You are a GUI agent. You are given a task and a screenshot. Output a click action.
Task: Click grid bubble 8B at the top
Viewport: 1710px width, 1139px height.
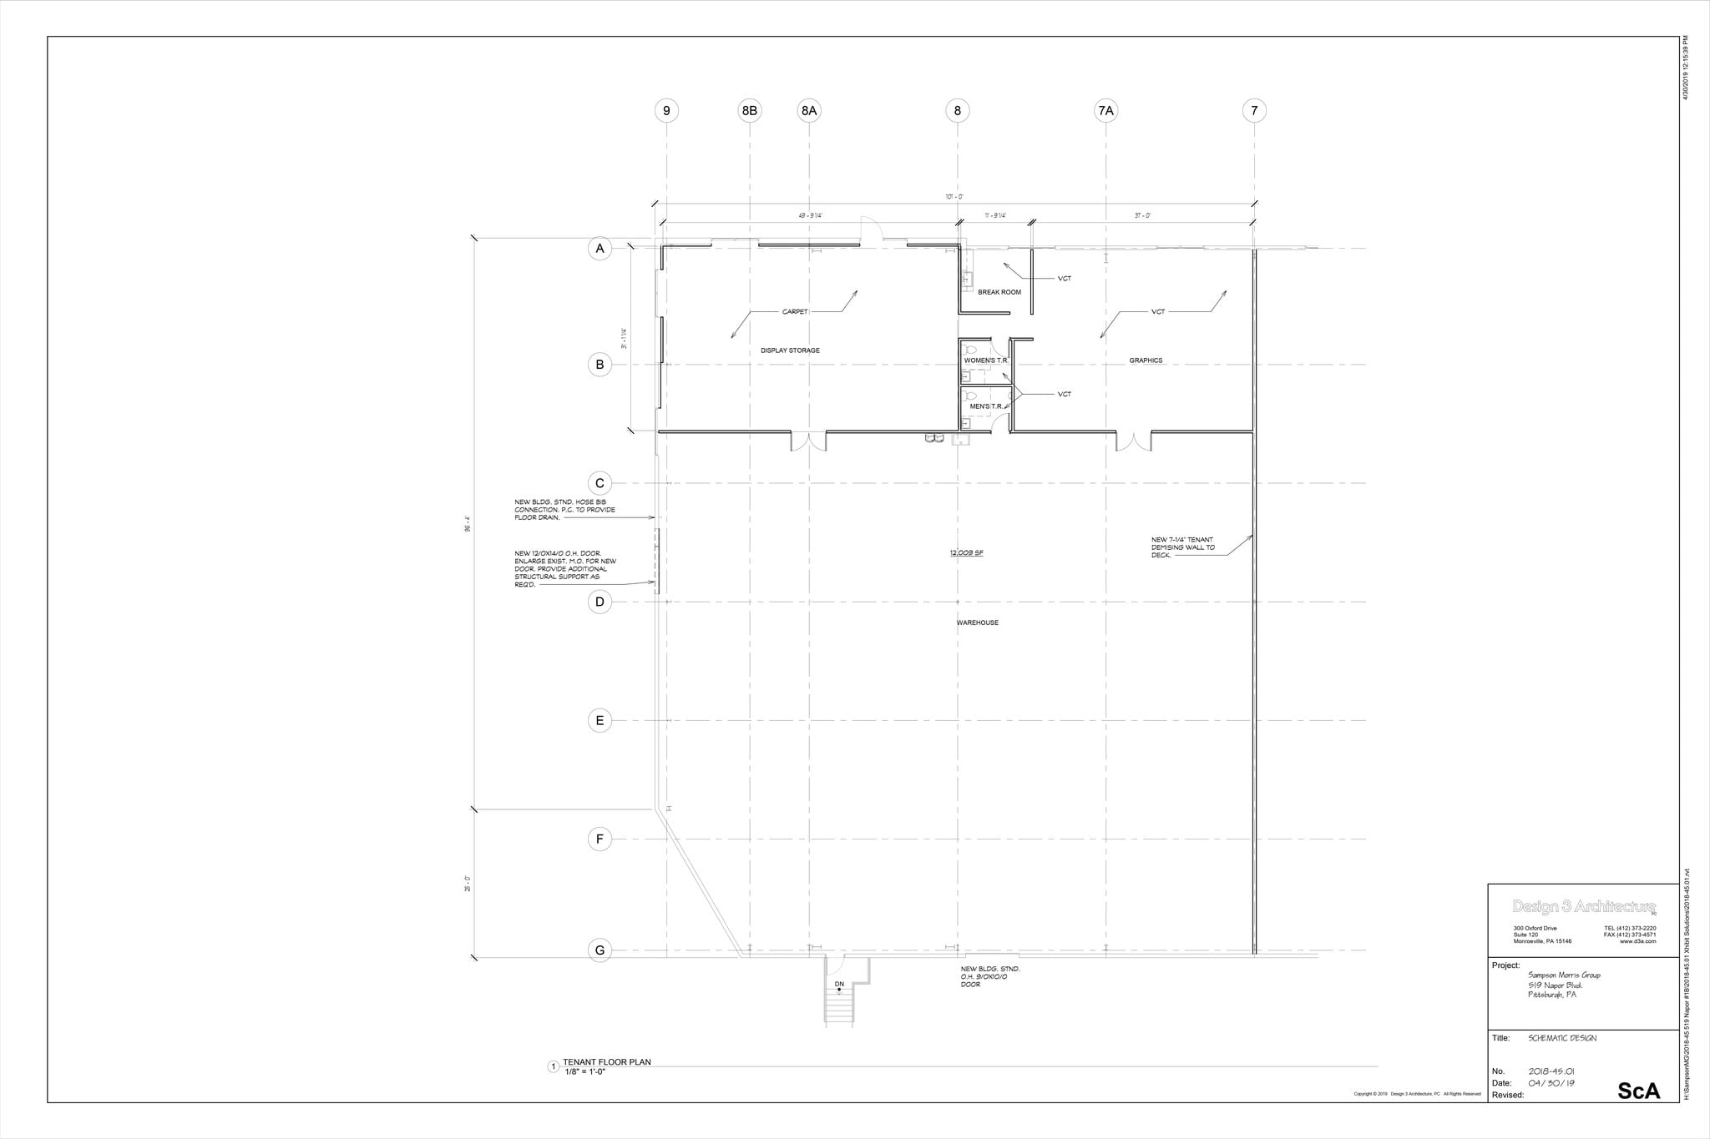point(750,110)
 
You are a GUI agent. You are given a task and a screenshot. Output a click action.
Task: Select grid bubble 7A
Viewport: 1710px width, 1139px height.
point(1105,110)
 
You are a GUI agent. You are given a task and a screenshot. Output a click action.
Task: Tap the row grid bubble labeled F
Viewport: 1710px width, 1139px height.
point(600,839)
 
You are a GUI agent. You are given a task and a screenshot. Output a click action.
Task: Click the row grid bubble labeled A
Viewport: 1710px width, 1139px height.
point(600,249)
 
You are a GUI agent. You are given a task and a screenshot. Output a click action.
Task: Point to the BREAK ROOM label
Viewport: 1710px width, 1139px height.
point(999,292)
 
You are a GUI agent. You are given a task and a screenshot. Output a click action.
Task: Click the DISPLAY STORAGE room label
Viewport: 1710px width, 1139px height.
point(790,350)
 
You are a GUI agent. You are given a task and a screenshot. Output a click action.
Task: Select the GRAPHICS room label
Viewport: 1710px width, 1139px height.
point(1146,360)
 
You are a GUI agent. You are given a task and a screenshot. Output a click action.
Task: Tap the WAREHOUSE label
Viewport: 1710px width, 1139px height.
point(977,622)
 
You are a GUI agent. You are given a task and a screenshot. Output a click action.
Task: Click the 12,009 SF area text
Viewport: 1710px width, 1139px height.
point(965,553)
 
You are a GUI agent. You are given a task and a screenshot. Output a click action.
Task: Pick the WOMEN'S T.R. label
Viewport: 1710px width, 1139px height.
point(986,360)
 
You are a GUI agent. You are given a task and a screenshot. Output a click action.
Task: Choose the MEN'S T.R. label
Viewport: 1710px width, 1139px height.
point(985,406)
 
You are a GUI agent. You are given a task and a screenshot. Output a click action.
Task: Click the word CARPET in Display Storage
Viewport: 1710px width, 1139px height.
point(795,312)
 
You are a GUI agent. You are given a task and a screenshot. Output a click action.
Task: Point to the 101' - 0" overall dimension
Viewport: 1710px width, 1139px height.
point(954,197)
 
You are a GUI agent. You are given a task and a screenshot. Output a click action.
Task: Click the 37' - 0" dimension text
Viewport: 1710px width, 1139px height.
point(1142,215)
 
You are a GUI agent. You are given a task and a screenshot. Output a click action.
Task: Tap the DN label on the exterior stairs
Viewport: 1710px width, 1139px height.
point(839,984)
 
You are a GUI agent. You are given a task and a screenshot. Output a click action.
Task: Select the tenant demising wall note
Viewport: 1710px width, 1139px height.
point(1182,547)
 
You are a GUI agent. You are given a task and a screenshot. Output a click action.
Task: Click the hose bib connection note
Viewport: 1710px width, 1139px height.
point(564,509)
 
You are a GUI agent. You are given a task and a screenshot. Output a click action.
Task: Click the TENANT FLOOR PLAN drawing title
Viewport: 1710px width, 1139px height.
point(606,1062)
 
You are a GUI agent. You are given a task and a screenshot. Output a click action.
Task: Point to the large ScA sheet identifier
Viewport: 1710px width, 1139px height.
point(1638,1091)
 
